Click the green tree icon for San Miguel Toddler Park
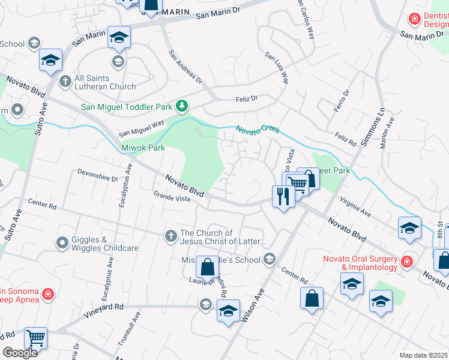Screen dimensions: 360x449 (181, 107)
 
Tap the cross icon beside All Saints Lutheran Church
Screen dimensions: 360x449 (65, 81)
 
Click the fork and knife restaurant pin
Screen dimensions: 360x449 (283, 195)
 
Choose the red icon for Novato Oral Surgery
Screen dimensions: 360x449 (407, 262)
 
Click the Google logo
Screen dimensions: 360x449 (20, 353)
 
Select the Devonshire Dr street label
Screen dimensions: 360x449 (98, 175)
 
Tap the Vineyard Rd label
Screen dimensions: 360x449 (103, 307)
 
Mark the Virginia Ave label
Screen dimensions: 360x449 (356, 206)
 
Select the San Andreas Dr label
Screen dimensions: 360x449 (185, 66)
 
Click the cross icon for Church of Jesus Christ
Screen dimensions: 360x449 (170, 233)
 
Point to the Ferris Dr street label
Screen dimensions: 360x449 (340, 104)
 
